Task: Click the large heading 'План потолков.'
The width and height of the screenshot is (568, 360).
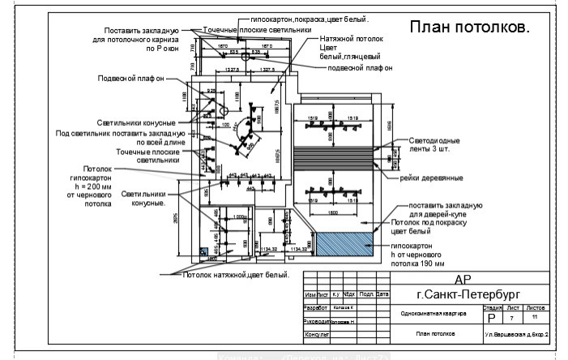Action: tap(469, 28)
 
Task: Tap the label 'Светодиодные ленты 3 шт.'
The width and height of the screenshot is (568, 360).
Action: tap(438, 144)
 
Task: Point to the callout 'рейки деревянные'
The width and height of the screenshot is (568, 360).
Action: tap(431, 178)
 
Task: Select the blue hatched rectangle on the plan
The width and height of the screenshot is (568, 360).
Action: tap(344, 244)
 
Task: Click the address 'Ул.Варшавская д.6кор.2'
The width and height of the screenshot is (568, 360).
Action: tap(516, 334)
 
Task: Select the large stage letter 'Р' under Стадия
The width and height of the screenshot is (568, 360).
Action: tap(491, 318)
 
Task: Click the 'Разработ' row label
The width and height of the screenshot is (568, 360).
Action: tap(314, 308)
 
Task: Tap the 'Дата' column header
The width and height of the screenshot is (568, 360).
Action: tap(382, 294)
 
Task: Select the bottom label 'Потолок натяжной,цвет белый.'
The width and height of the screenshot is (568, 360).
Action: tap(235, 276)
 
